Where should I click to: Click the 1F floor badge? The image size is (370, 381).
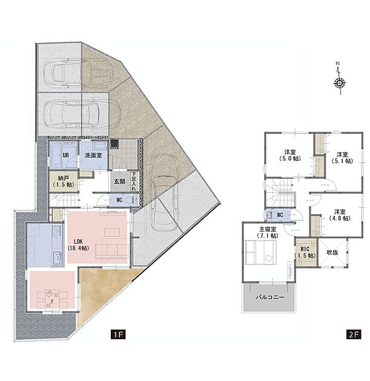(118, 334)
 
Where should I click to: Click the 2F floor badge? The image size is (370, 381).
(354, 334)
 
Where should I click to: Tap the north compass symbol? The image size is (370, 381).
(339, 79)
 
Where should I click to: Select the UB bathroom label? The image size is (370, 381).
(65, 155)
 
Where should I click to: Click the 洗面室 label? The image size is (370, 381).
(93, 155)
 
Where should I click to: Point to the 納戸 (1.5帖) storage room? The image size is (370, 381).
(63, 181)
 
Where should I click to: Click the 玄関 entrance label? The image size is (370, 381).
(119, 181)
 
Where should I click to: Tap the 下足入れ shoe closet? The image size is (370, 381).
(134, 181)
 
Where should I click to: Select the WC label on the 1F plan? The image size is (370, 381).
(119, 200)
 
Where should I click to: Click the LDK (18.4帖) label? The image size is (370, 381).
(78, 245)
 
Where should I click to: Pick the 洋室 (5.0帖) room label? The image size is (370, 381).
(290, 155)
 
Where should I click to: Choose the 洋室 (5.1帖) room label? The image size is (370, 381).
(342, 157)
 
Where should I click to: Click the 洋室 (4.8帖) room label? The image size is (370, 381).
(340, 215)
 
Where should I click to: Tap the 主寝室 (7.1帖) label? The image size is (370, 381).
(268, 232)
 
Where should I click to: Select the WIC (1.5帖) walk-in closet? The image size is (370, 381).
(305, 252)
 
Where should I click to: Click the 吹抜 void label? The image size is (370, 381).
(332, 253)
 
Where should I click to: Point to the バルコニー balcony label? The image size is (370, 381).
(269, 297)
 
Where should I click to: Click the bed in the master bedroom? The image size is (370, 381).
(261, 252)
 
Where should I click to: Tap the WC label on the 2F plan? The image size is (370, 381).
(280, 215)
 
